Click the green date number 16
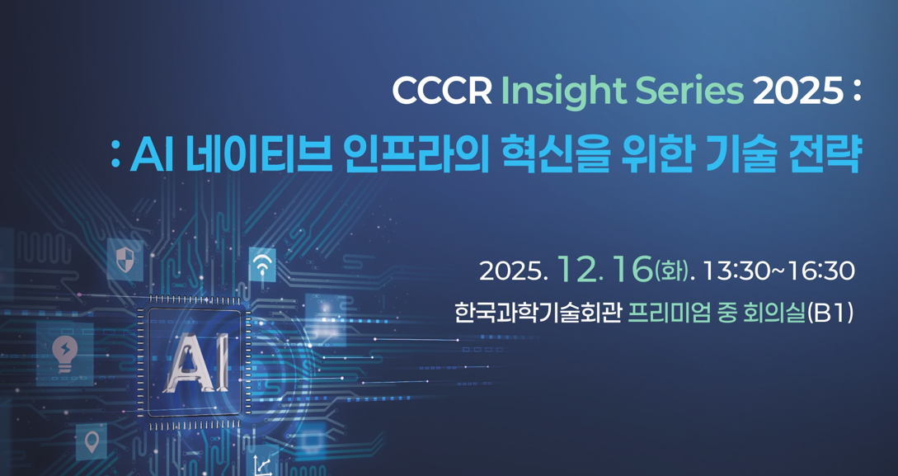pos(632,268)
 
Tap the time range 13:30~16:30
pos(778,270)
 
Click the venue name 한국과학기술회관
pos(537,313)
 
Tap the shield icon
pos(125,260)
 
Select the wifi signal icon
pos(262,266)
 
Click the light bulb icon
pos(64,352)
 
